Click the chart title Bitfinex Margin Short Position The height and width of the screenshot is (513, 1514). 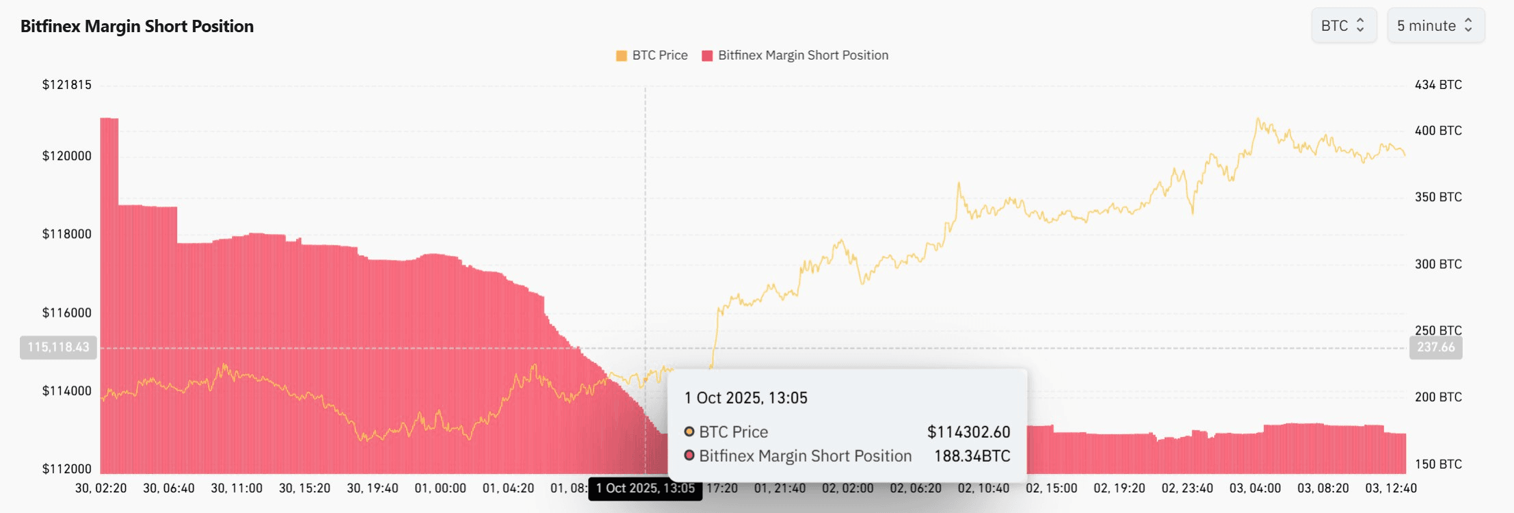137,26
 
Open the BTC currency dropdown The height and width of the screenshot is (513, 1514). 1343,26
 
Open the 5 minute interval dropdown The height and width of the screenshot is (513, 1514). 1435,26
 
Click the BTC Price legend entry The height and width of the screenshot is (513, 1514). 652,55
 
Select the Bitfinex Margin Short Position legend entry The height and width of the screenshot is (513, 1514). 795,55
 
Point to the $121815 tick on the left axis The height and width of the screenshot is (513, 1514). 67,85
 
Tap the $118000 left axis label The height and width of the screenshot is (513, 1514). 67,234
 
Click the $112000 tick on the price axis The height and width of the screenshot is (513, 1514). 67,469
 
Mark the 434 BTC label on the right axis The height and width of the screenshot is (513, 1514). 1438,85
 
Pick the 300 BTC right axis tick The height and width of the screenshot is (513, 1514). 1438,264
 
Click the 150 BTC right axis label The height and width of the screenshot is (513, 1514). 1438,464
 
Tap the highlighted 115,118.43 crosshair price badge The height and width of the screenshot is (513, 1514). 59,347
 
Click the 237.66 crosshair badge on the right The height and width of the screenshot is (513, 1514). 1435,347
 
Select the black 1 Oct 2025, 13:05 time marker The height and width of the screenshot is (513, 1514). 645,488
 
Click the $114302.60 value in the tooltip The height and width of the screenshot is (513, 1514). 968,432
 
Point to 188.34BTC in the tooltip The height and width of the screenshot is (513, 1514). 972,456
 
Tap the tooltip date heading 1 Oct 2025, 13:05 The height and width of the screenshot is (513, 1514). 745,398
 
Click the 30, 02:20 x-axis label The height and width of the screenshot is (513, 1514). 101,488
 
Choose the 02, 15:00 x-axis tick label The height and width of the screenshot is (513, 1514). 1051,488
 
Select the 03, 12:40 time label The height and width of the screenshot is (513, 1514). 1391,488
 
